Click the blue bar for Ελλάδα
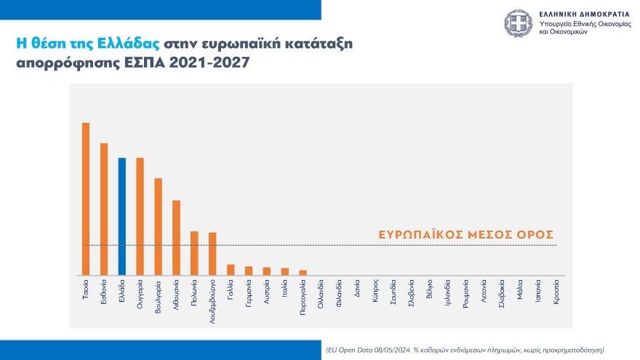(x=121, y=216)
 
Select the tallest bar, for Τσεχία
(x=86, y=199)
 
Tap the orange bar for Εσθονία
(x=104, y=209)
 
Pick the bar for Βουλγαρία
(x=158, y=226)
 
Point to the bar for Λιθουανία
(x=176, y=237)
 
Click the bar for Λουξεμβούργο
(x=212, y=254)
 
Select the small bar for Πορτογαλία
(x=303, y=273)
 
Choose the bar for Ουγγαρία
(x=140, y=216)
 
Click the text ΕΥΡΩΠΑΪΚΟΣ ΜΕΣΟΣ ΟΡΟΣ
(x=467, y=235)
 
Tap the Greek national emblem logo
(x=519, y=25)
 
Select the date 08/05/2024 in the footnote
(x=391, y=349)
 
